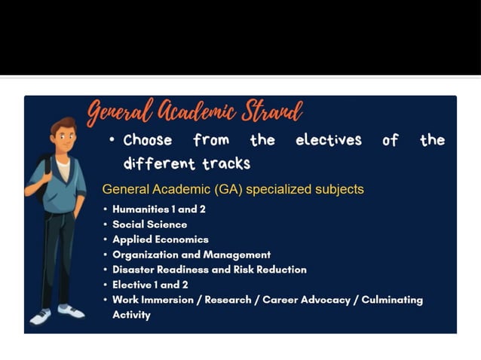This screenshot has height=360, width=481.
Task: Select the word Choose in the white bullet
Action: point(148,140)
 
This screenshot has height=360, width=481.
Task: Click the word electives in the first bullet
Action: point(328,140)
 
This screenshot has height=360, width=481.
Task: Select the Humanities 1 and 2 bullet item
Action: point(158,209)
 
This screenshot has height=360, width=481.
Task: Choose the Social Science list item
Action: point(149,224)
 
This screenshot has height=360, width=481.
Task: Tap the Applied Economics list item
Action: point(160,239)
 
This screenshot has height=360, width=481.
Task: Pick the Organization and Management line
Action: point(191,255)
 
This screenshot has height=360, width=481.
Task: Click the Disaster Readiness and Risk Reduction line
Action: point(209,270)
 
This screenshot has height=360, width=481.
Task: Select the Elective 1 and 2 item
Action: point(150,285)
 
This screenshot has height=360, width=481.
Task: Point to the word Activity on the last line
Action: point(131,315)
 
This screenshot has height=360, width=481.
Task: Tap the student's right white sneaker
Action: point(71,310)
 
